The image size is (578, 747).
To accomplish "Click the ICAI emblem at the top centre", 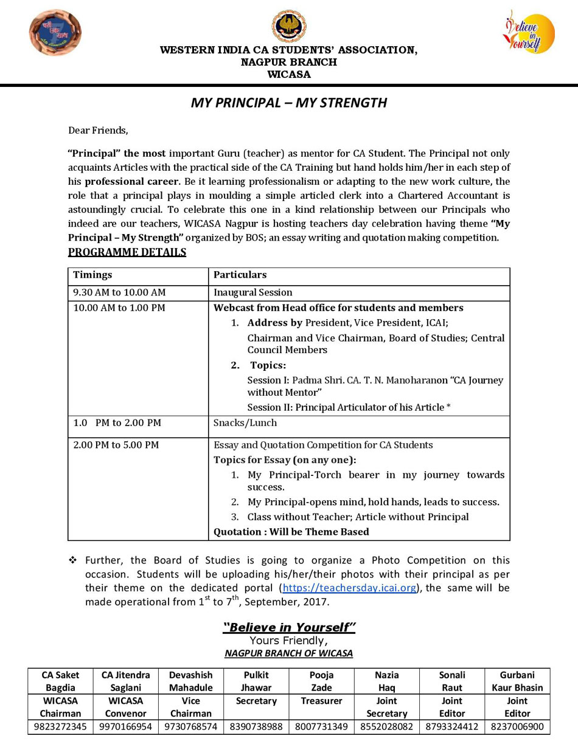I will click(289, 27).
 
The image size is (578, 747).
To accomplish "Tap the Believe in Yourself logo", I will click(528, 33).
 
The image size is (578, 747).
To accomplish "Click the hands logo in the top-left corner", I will click(55, 33).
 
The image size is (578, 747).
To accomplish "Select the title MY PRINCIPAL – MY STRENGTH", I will click(289, 102).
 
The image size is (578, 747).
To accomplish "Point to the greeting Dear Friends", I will click(98, 130).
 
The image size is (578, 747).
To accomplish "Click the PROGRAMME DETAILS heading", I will click(127, 252).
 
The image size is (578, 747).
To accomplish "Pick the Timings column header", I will click(92, 275).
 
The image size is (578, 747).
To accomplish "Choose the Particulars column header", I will click(240, 275).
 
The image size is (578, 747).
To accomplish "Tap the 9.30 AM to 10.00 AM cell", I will click(119, 292).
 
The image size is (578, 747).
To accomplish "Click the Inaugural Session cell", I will click(252, 292).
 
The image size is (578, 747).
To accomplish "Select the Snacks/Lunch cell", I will click(245, 422).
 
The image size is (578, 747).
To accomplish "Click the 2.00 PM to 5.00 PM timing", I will click(116, 445).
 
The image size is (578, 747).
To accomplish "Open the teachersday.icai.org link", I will click(349, 588).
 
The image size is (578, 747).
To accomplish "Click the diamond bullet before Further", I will click(72, 560).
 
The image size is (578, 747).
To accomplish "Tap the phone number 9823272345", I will click(60, 726).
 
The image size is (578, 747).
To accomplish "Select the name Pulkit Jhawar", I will click(256, 681).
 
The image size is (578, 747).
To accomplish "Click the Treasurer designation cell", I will click(321, 701).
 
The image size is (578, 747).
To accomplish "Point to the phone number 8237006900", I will click(517, 726).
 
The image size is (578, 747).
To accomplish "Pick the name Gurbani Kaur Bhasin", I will click(517, 681).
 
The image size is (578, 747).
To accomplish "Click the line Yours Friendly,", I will click(288, 641).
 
